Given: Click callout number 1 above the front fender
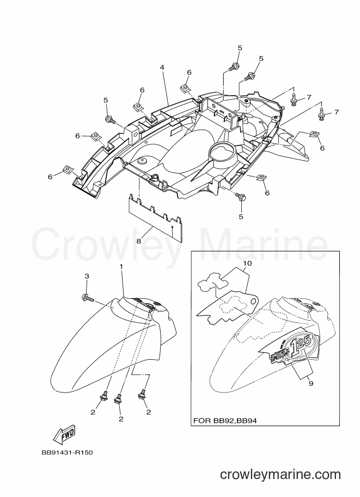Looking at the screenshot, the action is pos(121,267).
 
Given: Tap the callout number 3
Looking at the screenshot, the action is pos(87,277).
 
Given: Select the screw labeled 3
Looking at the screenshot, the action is pos(88,297).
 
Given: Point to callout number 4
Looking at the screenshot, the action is pos(162,68).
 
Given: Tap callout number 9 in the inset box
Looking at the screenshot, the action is pos(310,383).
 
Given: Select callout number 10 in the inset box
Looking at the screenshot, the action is pos(247,263).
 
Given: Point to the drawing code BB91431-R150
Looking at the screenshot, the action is pos(67,452).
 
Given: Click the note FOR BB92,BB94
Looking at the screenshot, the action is pos(225,421).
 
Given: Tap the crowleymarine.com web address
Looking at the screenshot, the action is pos(280,475).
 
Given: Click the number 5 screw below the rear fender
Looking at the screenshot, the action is pos(240,197).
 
